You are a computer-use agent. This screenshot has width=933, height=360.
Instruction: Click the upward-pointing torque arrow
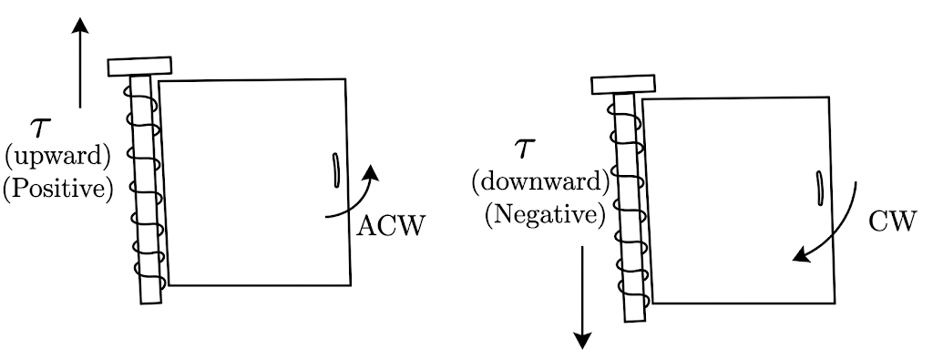tap(80, 63)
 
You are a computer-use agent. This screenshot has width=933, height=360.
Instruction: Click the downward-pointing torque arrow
tap(582, 297)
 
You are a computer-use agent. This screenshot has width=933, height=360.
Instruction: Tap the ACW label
tap(391, 227)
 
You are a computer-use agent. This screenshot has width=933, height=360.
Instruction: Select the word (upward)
tap(57, 157)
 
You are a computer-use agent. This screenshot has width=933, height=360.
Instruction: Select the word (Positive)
tap(57, 190)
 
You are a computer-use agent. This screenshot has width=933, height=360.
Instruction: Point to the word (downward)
tap(540, 181)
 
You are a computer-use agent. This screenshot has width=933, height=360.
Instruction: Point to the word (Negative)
tap(545, 214)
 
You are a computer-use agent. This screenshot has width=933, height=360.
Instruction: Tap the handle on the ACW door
tap(335, 170)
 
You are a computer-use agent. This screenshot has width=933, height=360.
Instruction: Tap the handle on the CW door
tap(819, 189)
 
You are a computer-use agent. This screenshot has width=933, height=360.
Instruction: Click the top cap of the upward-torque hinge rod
tap(139, 66)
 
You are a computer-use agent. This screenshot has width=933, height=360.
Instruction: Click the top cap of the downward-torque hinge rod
tap(623, 84)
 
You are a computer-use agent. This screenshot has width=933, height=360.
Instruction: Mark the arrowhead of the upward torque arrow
tap(80, 25)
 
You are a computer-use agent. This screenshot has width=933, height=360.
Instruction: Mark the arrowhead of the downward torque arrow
tap(582, 340)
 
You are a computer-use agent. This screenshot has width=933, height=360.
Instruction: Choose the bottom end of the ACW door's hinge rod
tap(152, 303)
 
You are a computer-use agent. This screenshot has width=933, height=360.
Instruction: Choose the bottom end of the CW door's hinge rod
tap(635, 321)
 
